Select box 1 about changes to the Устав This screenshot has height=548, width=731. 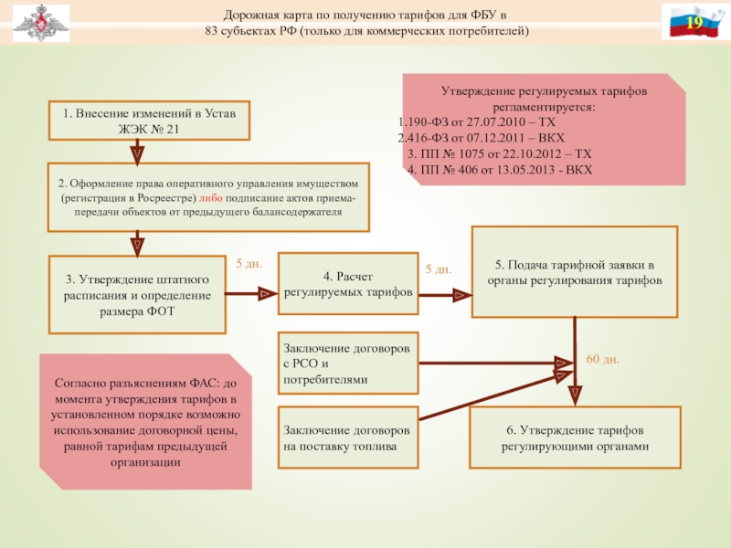[150, 121]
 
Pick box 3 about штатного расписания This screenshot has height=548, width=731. [137, 294]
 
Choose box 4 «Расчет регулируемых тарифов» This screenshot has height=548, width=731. [347, 284]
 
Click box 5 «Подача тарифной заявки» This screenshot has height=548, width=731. [575, 273]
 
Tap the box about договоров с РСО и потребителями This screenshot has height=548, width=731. [347, 364]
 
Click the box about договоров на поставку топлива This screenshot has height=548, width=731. [347, 437]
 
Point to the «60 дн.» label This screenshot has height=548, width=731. [602, 360]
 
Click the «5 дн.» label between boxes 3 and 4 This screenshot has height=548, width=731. [249, 264]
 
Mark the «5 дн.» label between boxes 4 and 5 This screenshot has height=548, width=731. [439, 269]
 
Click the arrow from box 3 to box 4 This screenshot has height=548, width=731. [251, 294]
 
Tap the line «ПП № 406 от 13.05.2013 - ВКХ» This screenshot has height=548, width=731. [500, 170]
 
